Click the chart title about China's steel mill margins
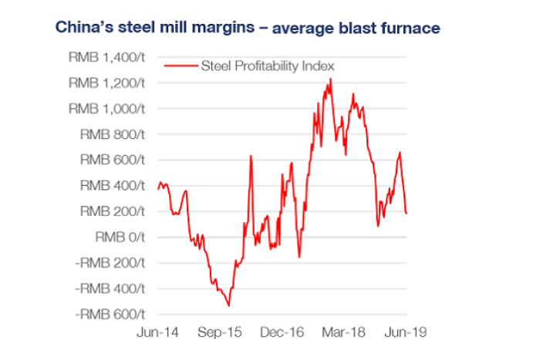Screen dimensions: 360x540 click(248, 29)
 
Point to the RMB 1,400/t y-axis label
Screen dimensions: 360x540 click(107, 57)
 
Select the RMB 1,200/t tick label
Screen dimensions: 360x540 click(107, 82)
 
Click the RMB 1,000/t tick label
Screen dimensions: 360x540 click(107, 109)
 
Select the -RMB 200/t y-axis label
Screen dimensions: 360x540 click(109, 263)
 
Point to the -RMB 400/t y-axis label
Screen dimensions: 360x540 click(109, 288)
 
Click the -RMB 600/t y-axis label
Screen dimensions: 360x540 click(109, 314)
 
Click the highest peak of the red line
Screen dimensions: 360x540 click(331, 79)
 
